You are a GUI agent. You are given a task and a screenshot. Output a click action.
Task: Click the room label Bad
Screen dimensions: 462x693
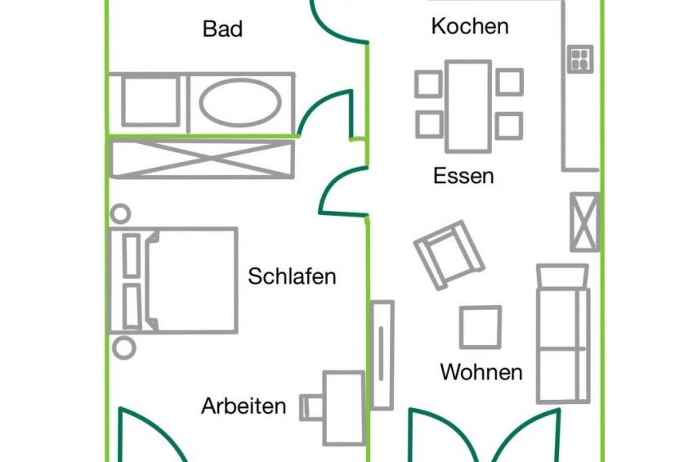tap(222, 29)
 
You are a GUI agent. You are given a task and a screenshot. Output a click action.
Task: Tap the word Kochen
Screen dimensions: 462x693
tap(470, 26)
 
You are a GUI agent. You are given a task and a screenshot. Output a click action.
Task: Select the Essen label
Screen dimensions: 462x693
tap(463, 176)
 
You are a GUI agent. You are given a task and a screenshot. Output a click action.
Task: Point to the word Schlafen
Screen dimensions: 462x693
tap(292, 276)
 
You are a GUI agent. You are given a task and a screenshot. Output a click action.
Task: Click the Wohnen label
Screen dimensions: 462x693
tap(481, 372)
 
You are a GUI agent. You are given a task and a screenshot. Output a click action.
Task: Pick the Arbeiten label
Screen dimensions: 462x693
tap(244, 406)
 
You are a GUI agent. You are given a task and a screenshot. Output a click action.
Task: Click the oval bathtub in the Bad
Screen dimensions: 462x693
tap(241, 101)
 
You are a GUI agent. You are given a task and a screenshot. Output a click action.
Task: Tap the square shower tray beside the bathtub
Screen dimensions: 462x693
tap(150, 101)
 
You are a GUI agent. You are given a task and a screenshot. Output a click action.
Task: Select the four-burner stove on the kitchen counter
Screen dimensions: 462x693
tap(579, 59)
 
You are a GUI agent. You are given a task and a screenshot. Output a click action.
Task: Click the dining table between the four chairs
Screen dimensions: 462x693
tap(468, 105)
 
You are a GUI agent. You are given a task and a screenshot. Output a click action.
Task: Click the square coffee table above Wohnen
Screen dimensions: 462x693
tap(480, 327)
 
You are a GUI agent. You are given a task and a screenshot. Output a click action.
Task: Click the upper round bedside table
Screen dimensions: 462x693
tap(120, 214)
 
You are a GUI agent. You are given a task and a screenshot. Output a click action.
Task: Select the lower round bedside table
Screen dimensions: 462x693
tap(123, 347)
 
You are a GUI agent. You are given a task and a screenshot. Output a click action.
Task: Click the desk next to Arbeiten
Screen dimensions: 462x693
tap(344, 406)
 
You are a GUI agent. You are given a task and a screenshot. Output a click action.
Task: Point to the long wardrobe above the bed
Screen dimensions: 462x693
tap(201, 159)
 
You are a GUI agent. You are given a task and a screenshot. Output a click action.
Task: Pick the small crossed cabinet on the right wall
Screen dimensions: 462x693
tap(584, 222)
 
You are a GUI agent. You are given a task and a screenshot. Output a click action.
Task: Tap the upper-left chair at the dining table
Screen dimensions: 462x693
tap(429, 83)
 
